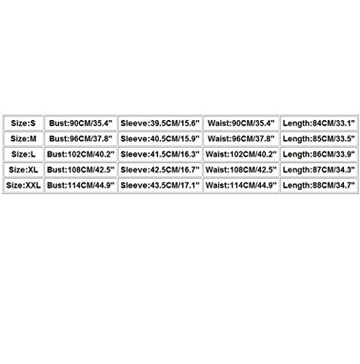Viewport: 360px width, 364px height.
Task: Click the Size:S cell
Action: click(x=23, y=123)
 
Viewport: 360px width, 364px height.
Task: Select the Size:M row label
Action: click(x=23, y=139)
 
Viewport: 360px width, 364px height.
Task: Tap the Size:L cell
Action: click(x=23, y=154)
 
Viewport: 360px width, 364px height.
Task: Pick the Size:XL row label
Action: click(x=23, y=170)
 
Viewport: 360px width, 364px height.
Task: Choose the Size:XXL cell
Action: click(x=23, y=186)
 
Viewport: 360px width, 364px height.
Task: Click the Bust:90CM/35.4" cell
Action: click(x=81, y=123)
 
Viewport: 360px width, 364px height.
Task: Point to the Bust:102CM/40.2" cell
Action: click(x=81, y=154)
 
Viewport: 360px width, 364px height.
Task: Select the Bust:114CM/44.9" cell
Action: click(x=81, y=186)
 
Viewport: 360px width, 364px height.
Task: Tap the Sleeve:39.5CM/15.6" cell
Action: click(x=160, y=123)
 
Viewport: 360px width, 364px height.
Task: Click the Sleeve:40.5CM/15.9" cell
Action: click(x=160, y=139)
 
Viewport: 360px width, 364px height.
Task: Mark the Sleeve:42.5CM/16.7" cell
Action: click(x=160, y=170)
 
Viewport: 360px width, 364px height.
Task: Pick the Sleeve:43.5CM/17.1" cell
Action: click(x=160, y=186)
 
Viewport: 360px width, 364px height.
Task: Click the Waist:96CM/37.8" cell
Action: click(x=241, y=139)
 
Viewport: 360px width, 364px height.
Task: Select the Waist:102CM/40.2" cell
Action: click(x=241, y=154)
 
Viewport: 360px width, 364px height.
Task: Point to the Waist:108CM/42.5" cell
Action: click(x=241, y=170)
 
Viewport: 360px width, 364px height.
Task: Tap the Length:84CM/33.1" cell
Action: click(x=318, y=123)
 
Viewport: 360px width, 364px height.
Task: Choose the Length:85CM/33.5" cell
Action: click(x=318, y=139)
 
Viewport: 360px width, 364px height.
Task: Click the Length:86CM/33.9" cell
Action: click(x=318, y=154)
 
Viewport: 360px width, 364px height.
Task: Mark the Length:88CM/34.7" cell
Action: click(x=318, y=186)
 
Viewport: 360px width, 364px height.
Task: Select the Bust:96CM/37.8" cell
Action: click(x=81, y=139)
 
